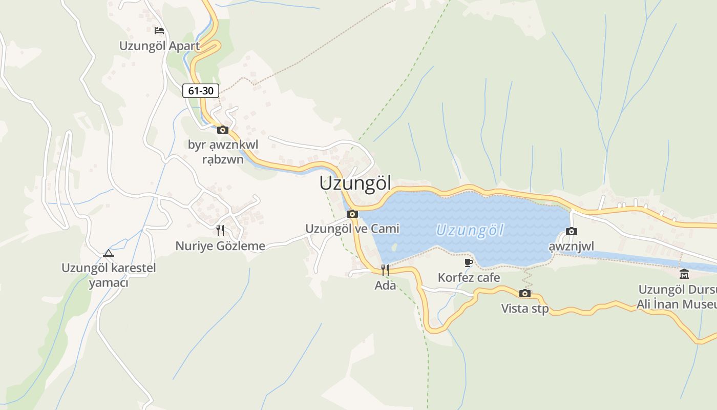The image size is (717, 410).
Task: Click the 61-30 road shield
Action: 201,91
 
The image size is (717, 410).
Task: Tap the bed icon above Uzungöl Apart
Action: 159,30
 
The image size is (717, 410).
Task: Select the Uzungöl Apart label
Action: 159,46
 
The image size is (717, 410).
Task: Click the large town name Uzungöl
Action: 355,183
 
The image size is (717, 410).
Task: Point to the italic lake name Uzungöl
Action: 470,230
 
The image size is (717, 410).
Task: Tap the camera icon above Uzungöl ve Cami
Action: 352,214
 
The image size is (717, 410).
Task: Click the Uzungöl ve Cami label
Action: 352,229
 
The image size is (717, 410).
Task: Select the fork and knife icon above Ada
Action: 385,270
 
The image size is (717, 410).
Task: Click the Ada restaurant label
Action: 385,285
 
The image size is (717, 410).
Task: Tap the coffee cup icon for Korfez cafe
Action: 468,262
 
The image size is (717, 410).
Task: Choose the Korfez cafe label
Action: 469,278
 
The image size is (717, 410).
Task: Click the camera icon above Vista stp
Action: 524,293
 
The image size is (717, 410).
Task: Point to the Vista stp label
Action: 524,309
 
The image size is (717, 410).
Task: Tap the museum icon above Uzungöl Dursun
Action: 684,274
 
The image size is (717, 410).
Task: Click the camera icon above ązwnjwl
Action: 572,231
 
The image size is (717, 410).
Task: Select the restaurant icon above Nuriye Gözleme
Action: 220,230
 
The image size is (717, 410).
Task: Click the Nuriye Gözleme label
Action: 220,246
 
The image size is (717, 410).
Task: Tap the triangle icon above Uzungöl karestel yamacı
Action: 108,253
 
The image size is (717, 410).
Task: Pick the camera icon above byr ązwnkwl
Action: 222,130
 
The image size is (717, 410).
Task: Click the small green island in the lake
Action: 393,247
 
